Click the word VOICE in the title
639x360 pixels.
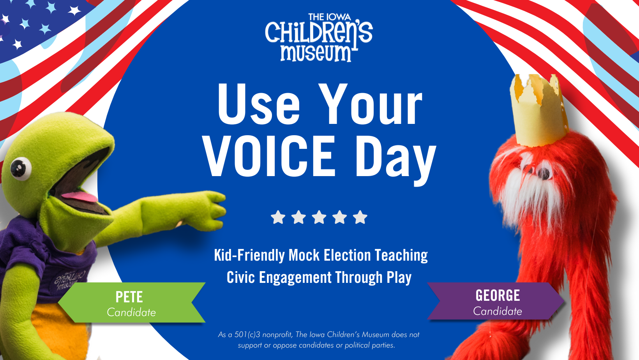[x=269, y=156]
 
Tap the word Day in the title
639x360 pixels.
[x=395, y=160]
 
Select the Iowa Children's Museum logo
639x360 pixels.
[x=319, y=37]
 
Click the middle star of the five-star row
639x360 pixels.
[x=319, y=217]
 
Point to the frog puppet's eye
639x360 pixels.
[x=21, y=169]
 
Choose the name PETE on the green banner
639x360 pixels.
[x=129, y=297]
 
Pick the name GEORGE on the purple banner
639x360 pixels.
[x=498, y=296]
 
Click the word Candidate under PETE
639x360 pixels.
[x=131, y=312]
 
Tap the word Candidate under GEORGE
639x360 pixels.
[x=498, y=311]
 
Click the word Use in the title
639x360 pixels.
[x=258, y=104]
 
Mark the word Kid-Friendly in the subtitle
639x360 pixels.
[x=249, y=256]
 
